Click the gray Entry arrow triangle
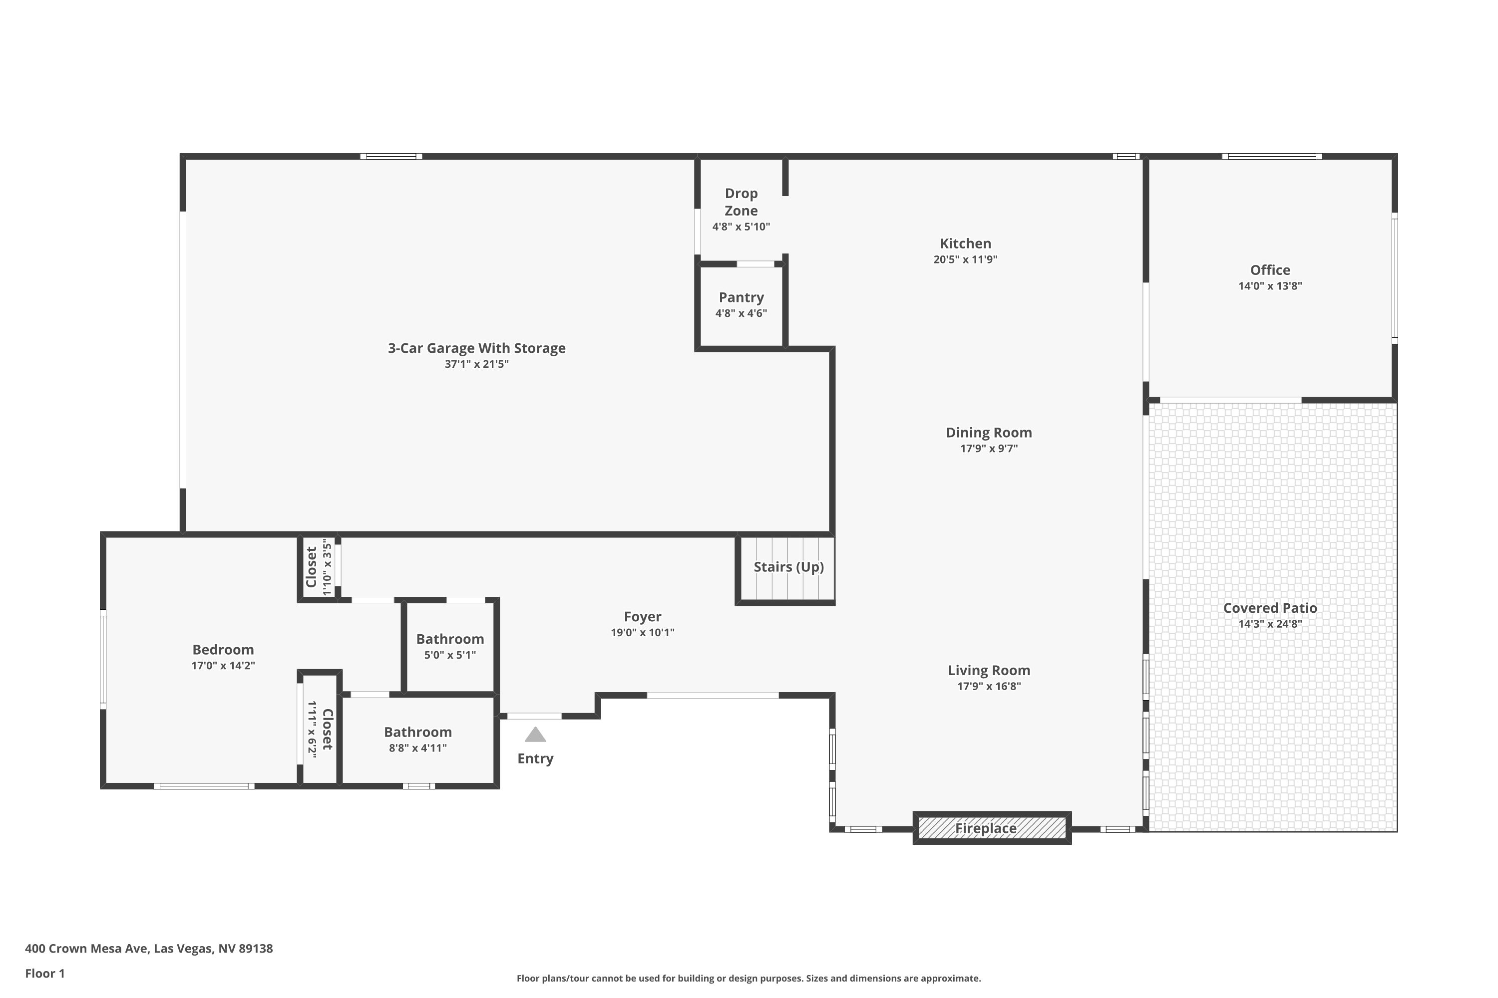(535, 735)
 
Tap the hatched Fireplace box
(992, 828)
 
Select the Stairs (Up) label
(788, 566)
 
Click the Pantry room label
(741, 297)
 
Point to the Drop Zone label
(741, 202)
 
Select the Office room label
(1269, 270)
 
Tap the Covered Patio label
(1269, 608)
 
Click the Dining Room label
(989, 433)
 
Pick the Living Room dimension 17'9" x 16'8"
(989, 686)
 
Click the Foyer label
(642, 617)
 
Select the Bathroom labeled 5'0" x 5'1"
(450, 639)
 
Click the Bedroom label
(223, 650)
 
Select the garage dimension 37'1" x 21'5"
(476, 364)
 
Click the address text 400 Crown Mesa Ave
(148, 949)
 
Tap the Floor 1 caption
(44, 973)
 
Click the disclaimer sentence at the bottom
(749, 978)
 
